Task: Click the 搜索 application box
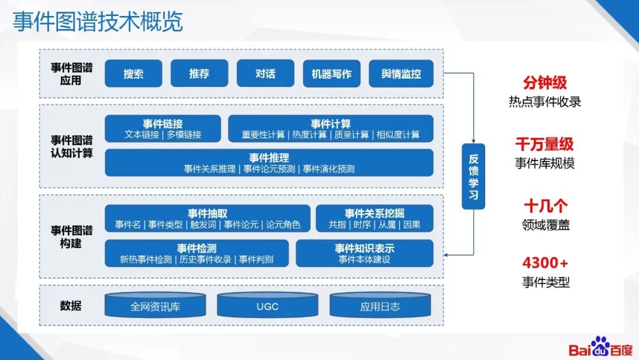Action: [x=133, y=74]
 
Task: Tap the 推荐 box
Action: [x=199, y=74]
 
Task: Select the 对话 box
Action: [x=266, y=74]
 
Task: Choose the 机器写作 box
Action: [x=331, y=74]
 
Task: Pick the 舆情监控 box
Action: [x=401, y=74]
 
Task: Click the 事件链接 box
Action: [x=163, y=128]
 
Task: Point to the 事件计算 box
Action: [x=331, y=128]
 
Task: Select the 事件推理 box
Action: [x=269, y=163]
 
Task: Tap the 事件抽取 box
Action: [x=208, y=218]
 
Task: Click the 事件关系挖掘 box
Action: [x=375, y=218]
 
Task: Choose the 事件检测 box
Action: [x=196, y=253]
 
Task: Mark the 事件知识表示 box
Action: [x=364, y=253]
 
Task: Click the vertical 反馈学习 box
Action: [x=473, y=176]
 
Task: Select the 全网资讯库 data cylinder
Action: [x=155, y=306]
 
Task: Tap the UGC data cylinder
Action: [x=267, y=306]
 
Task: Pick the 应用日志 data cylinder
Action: [x=380, y=306]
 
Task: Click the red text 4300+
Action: [x=545, y=263]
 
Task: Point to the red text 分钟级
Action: [x=545, y=82]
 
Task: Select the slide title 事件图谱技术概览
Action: [x=98, y=22]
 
